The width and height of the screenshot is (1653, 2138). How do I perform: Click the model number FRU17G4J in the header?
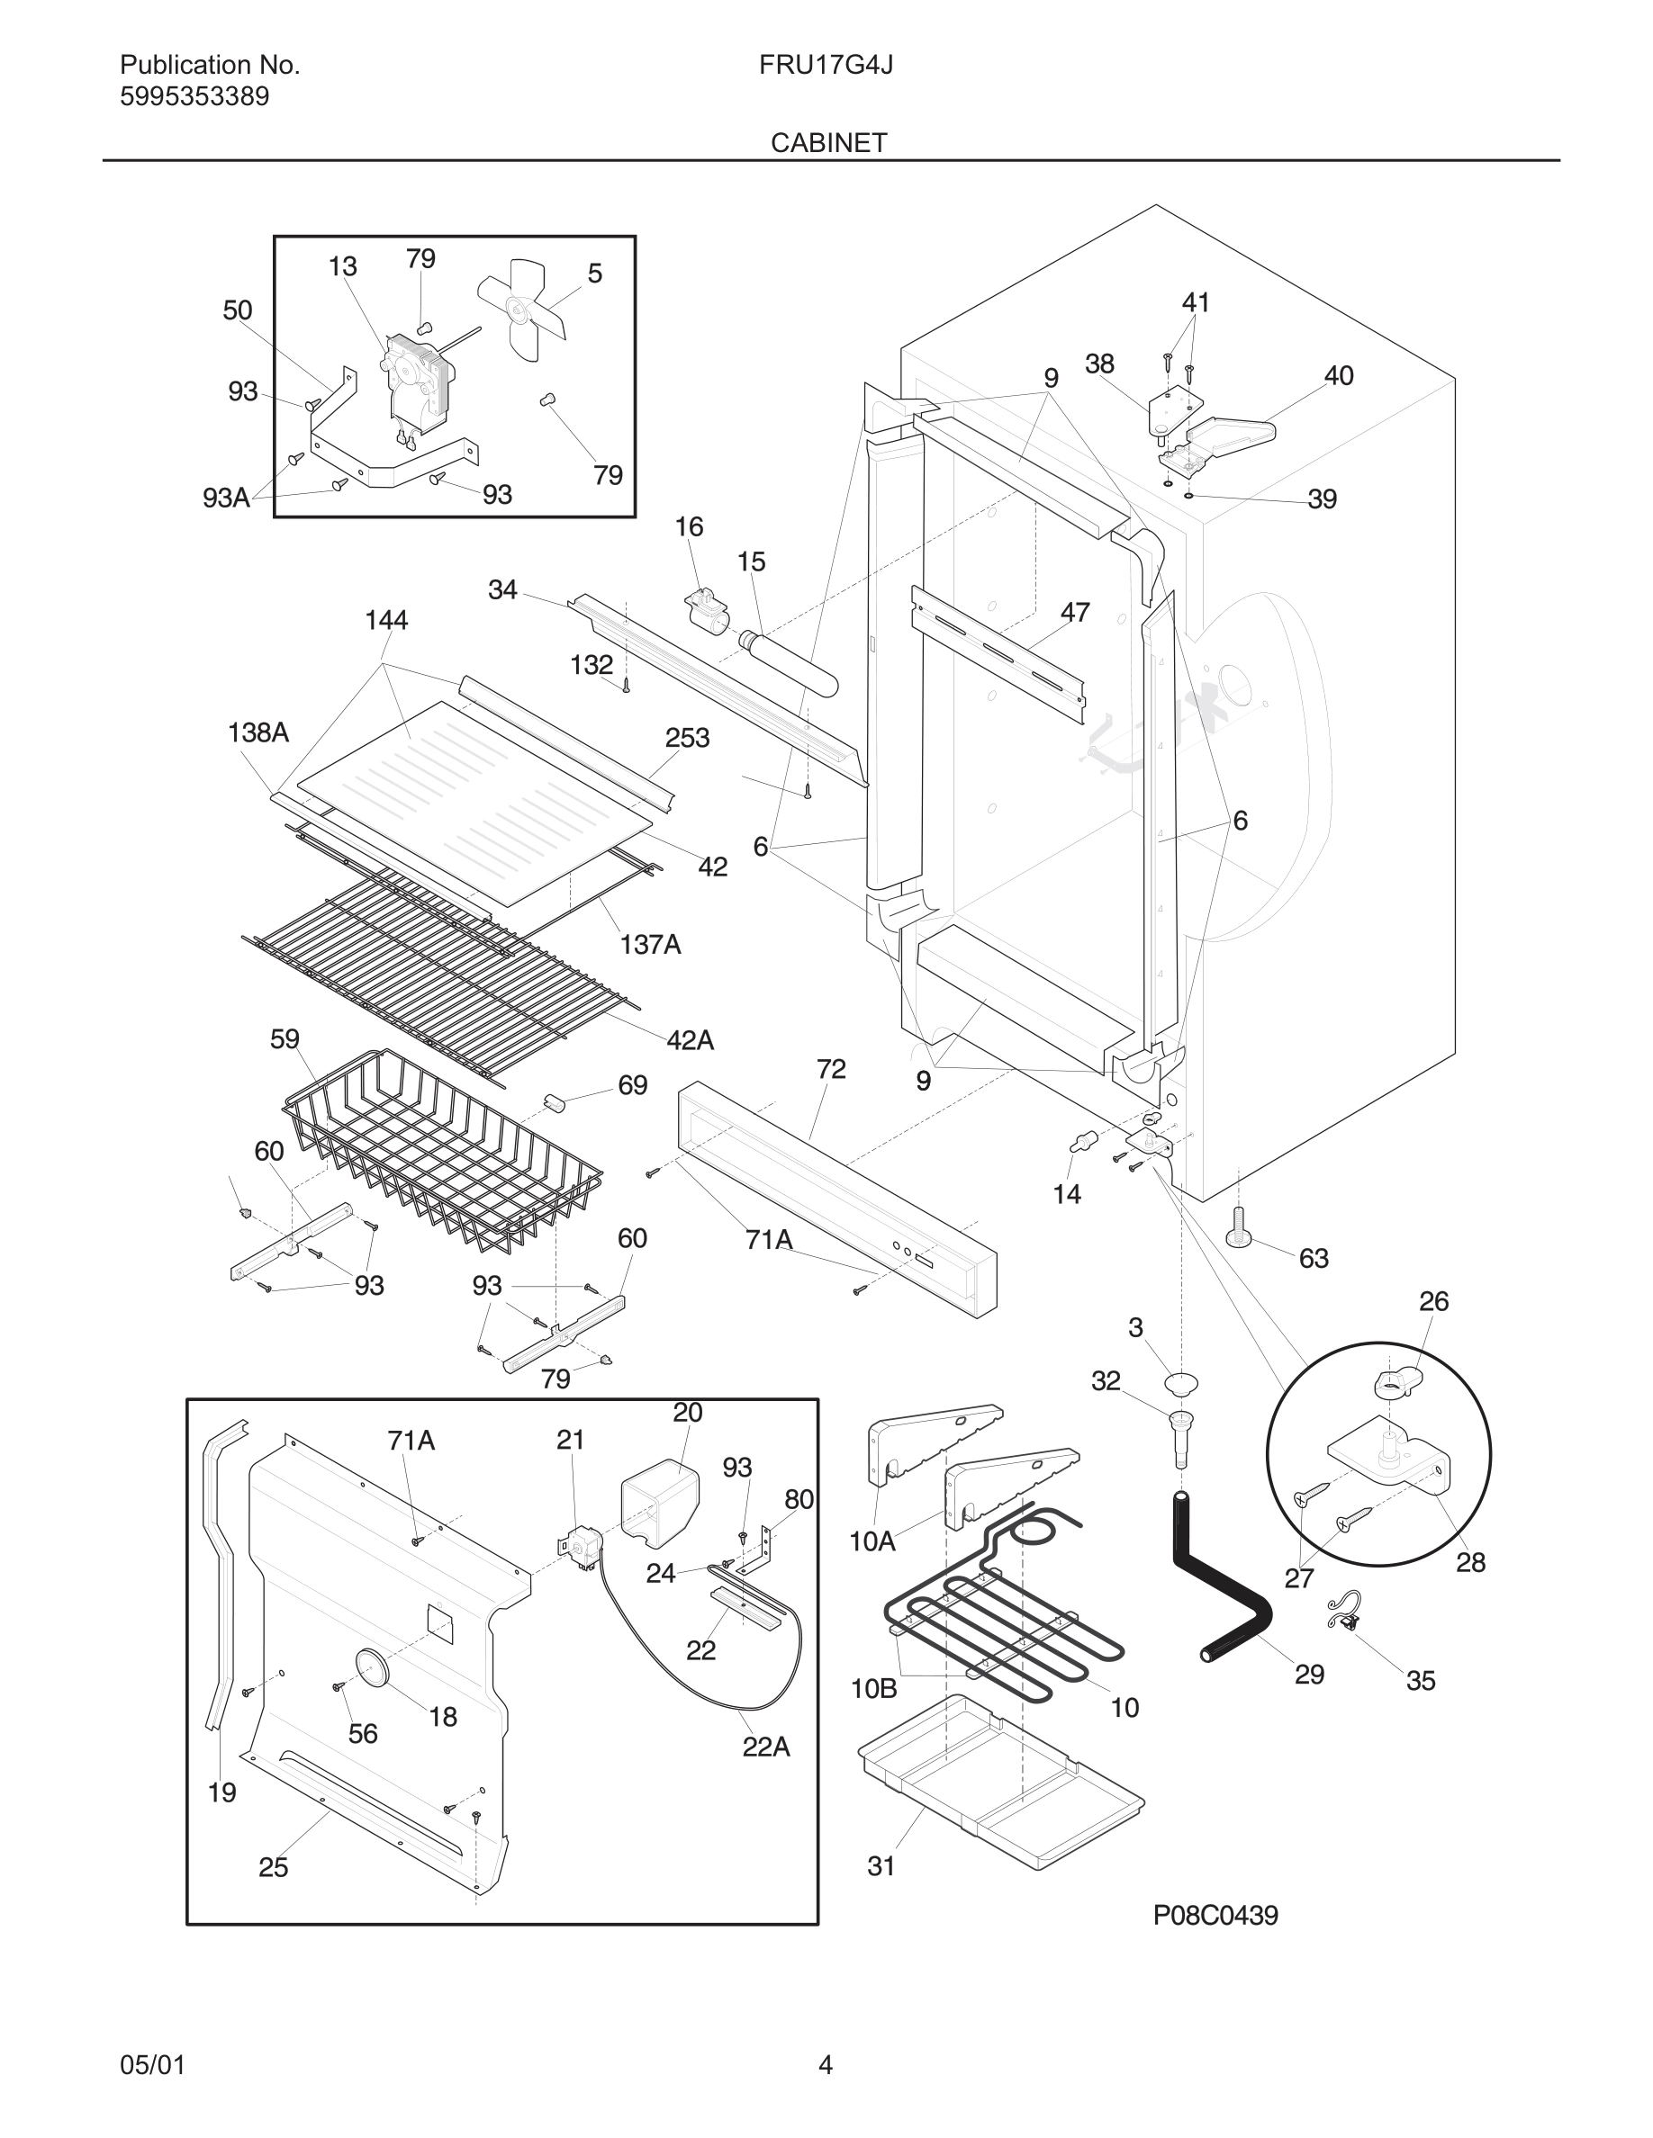pos(825,65)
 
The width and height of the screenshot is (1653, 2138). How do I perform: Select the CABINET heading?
pos(828,143)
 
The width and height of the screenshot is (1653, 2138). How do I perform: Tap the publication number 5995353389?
pos(194,97)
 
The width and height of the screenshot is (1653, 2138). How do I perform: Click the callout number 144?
pos(386,620)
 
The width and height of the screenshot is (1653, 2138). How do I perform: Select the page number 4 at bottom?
pos(826,2065)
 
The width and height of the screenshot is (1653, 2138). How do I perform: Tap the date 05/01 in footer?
pos(152,2065)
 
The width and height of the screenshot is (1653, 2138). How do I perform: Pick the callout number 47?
pos(1074,613)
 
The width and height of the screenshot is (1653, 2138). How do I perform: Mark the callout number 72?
pos(830,1069)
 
